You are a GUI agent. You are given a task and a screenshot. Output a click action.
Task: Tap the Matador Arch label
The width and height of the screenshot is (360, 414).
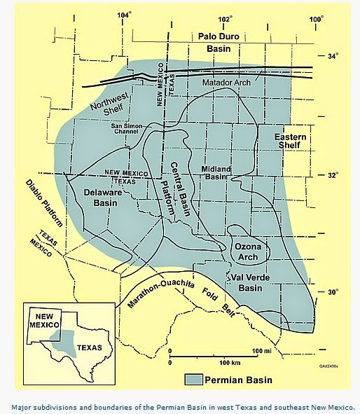pyautogui.click(x=226, y=83)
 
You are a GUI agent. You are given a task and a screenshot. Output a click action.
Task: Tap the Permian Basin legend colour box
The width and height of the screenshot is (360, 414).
pyautogui.click(x=193, y=380)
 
